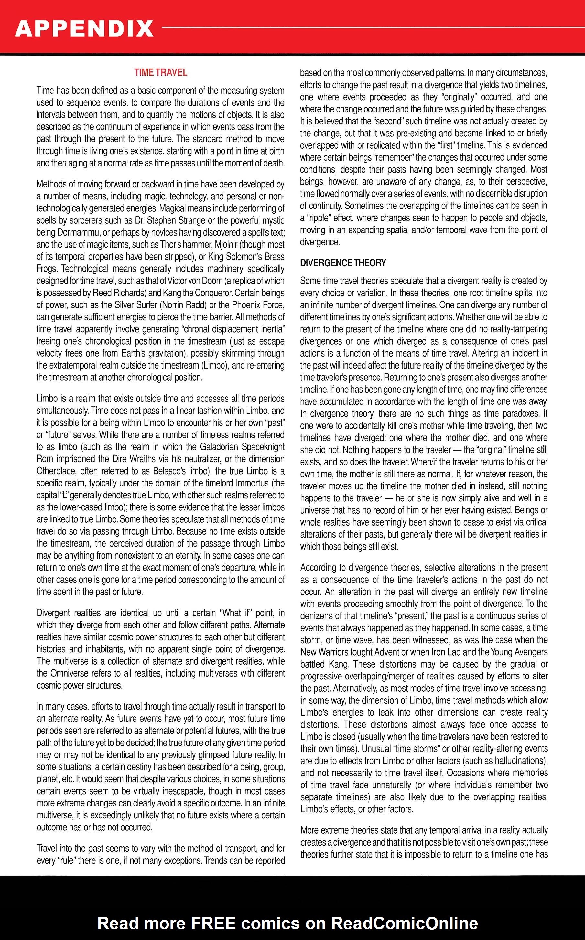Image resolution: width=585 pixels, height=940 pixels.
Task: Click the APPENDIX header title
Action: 84,29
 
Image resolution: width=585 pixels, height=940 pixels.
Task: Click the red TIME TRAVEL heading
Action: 161,72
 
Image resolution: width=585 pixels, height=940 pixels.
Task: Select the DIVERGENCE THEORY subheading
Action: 343,263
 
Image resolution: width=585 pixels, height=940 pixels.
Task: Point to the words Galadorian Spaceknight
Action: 242,447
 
